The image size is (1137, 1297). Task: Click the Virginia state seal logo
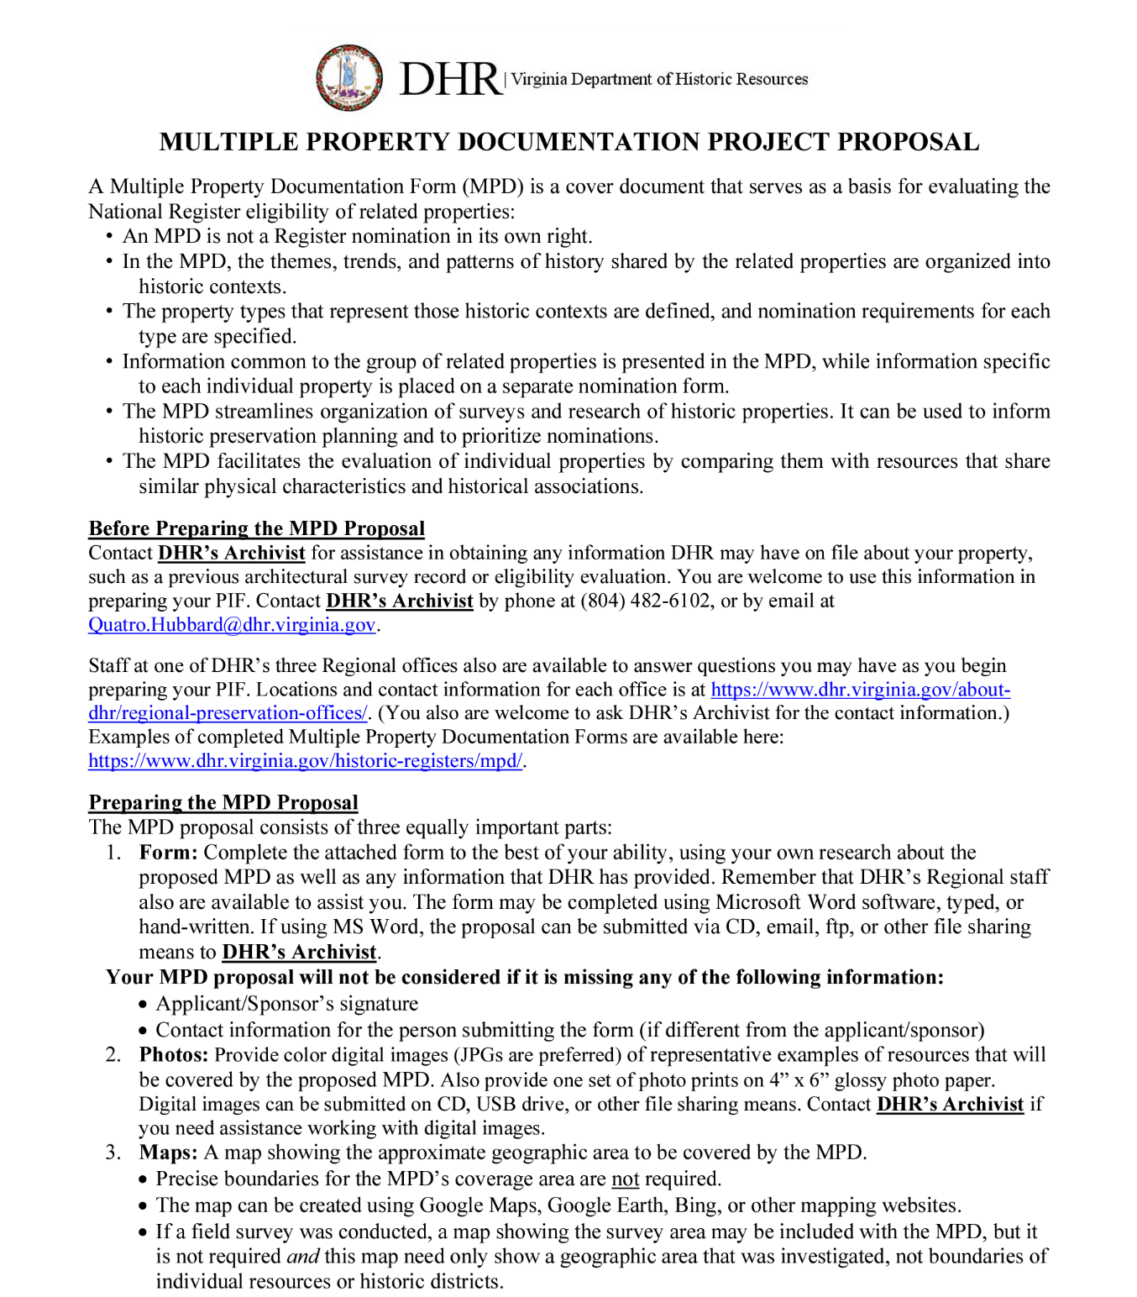click(x=349, y=78)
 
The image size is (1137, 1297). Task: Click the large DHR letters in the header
click(x=450, y=79)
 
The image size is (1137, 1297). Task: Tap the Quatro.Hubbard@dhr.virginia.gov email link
click(x=232, y=625)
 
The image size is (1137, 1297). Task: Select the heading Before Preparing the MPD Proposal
click(x=257, y=528)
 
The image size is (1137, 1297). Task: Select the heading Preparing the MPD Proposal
click(x=223, y=802)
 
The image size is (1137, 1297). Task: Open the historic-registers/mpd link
click(x=306, y=761)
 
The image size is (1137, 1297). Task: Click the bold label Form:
click(x=168, y=853)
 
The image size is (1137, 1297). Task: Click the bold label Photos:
click(x=174, y=1055)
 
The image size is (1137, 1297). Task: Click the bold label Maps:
click(x=168, y=1153)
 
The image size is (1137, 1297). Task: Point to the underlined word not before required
click(x=625, y=1179)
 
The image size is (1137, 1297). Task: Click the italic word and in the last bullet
click(x=302, y=1257)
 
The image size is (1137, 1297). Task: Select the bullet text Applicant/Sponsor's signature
click(x=286, y=1004)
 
